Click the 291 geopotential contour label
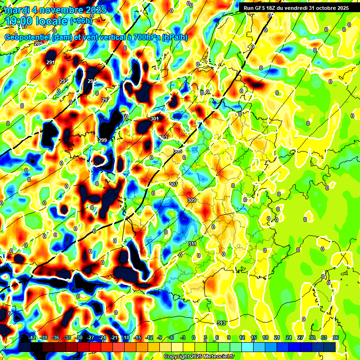pos(51,62)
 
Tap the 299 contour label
pos(103,140)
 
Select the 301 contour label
pos(155,119)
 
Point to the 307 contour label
pos(173,184)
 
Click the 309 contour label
pos(192,200)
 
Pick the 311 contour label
pos(192,244)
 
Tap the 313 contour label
pos(222,323)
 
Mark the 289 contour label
pos(38,44)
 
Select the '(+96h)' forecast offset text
pos(81,21)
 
